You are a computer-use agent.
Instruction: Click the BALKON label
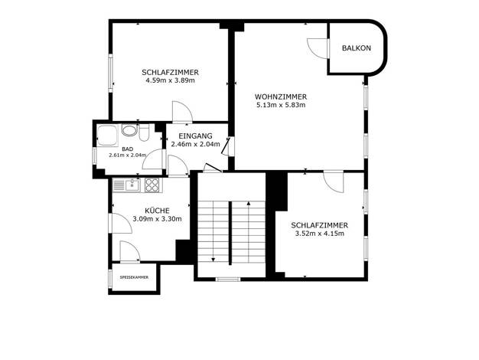coord(357,48)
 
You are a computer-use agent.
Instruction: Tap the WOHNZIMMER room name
coord(281,97)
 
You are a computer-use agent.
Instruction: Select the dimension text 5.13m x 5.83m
coord(281,105)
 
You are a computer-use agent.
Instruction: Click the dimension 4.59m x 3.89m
coord(170,80)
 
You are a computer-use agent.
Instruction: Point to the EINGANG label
coord(196,136)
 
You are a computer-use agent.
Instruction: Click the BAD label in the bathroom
coord(127,149)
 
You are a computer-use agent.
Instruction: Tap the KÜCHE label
coord(157,211)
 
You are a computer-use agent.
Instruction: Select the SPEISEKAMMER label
coord(134,277)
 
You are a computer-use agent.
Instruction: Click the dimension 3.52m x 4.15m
coord(319,234)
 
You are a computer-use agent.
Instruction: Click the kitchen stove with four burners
coord(152,185)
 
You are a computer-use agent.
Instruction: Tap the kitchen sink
coord(126,185)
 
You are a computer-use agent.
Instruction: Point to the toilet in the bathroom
coord(144,133)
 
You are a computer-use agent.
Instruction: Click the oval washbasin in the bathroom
coord(130,130)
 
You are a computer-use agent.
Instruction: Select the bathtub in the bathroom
coord(107,135)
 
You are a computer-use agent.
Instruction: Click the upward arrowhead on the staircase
coord(249,203)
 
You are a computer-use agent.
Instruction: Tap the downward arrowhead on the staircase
coord(213,260)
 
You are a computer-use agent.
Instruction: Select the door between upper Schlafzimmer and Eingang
coord(182,112)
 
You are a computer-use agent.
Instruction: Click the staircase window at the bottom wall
coord(228,279)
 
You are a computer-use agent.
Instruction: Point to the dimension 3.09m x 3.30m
coord(158,219)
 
